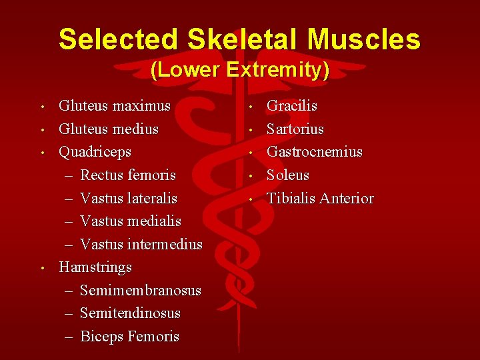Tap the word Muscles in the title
tap(364, 39)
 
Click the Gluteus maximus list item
tap(115, 105)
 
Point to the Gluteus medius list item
tap(109, 129)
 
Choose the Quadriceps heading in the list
tap(95, 151)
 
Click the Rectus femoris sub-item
tap(127, 175)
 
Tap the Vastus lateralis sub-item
tap(128, 198)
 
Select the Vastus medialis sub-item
tap(130, 221)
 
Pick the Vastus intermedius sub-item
tap(141, 244)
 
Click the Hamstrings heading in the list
tap(95, 267)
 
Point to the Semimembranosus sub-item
tap(140, 290)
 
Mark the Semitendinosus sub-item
tap(130, 313)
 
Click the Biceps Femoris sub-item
tap(129, 336)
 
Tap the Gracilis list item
tap(292, 105)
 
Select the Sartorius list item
tap(295, 129)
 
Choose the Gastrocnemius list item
tap(315, 151)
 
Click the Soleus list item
tap(288, 175)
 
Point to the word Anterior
tap(347, 198)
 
